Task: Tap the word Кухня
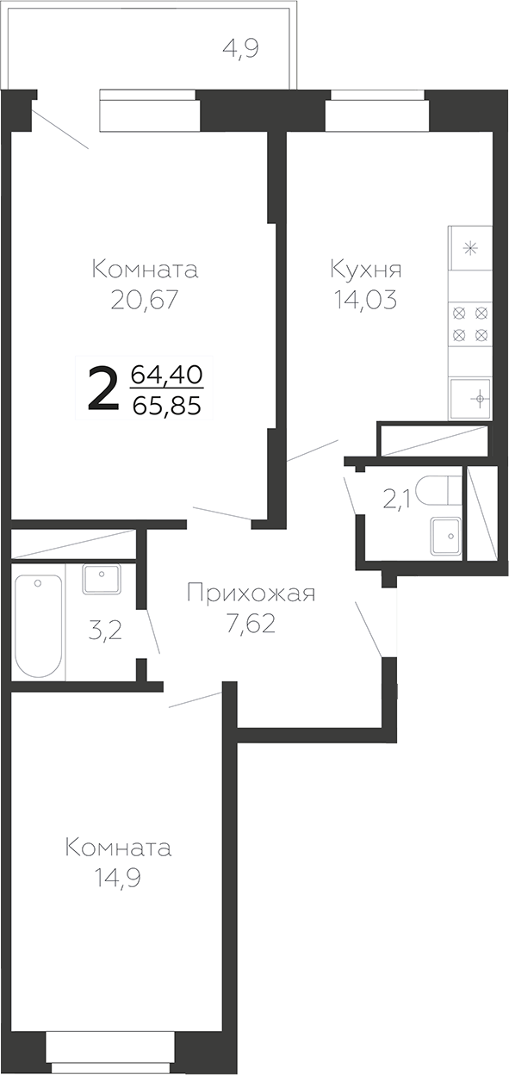365,270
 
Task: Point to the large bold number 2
103,390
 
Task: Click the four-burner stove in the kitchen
470,322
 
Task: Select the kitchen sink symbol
470,398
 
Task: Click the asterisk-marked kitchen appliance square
470,247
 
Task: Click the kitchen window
377,109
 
